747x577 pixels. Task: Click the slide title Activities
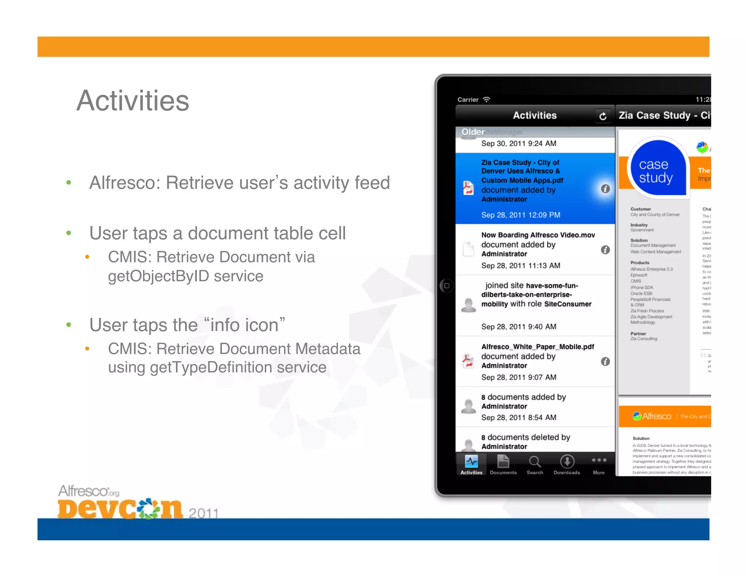(x=133, y=101)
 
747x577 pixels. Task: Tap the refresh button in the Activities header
(x=603, y=116)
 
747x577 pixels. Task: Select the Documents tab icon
(x=503, y=462)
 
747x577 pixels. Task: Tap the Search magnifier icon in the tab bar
(x=535, y=462)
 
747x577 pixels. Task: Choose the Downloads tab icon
(x=567, y=462)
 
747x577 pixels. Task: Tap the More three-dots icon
(x=599, y=460)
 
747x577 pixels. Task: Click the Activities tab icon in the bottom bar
(x=471, y=462)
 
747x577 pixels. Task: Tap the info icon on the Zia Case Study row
(x=605, y=189)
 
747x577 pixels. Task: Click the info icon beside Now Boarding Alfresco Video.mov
(x=605, y=250)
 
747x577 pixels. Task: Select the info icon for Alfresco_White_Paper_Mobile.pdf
(x=605, y=361)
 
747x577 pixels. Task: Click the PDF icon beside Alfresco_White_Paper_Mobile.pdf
(x=468, y=361)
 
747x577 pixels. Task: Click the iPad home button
(x=446, y=286)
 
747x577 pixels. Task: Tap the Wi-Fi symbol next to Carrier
(x=487, y=99)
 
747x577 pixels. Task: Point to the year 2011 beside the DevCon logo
(x=204, y=513)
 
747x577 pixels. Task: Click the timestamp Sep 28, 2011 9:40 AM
(x=519, y=326)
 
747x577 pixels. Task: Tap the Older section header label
(x=473, y=132)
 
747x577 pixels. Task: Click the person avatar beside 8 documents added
(x=468, y=406)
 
